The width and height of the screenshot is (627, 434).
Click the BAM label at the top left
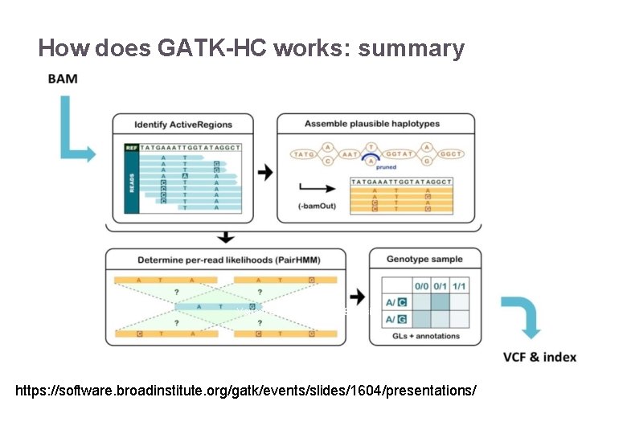(x=63, y=79)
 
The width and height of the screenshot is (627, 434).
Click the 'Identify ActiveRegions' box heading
(x=183, y=125)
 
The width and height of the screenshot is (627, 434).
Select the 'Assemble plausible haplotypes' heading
(x=372, y=124)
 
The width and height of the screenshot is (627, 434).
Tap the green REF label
(x=132, y=148)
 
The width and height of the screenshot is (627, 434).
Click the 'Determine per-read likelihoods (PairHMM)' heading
(x=226, y=260)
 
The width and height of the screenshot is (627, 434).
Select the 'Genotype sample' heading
(x=425, y=260)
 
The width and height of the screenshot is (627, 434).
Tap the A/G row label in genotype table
(x=396, y=320)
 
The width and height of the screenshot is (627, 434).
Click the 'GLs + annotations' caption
(x=426, y=336)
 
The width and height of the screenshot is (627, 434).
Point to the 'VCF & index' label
(x=539, y=357)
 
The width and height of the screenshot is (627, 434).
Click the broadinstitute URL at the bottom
(x=246, y=391)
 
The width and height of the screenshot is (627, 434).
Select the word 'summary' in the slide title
(x=412, y=49)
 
